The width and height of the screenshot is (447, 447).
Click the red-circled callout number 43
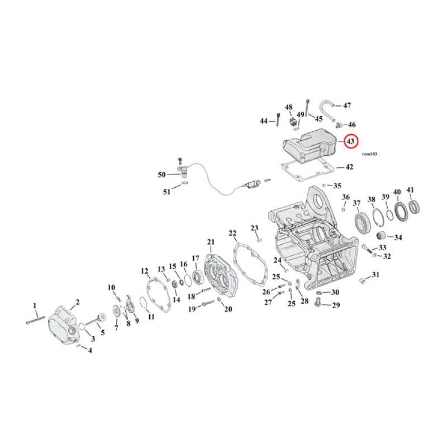(351, 142)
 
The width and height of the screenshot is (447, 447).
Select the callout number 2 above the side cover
(78, 302)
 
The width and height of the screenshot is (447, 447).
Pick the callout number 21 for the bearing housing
(211, 242)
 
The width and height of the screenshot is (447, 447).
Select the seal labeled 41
(414, 208)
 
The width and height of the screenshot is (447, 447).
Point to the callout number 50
(161, 175)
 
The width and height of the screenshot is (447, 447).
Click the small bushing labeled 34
(382, 235)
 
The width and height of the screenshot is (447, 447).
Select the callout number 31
(375, 274)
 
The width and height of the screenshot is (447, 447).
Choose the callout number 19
(192, 309)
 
